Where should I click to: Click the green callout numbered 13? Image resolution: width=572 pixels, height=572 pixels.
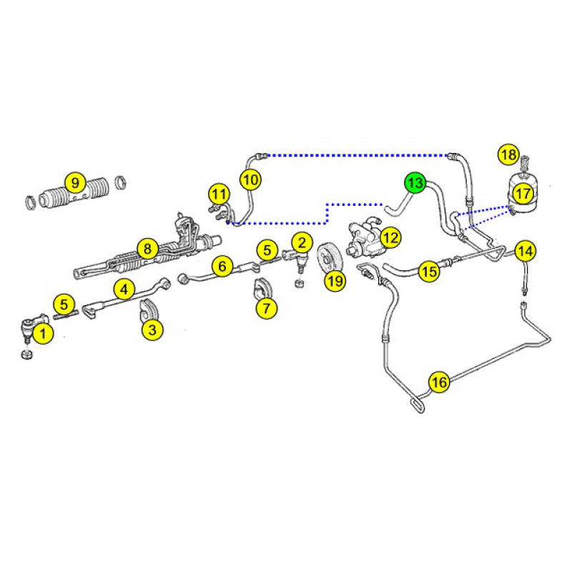tap(415, 183)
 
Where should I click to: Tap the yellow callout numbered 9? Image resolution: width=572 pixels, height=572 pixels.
tap(75, 183)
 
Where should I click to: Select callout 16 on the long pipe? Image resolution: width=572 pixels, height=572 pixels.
tap(439, 382)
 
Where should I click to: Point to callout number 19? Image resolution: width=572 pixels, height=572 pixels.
tap(335, 280)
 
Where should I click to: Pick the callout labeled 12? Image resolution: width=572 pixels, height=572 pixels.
tap(390, 238)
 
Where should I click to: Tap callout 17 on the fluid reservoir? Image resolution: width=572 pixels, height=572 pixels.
tap(523, 194)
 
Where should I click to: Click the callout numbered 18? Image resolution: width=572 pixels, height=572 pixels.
tap(508, 154)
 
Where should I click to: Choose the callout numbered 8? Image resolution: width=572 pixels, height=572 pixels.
tap(147, 249)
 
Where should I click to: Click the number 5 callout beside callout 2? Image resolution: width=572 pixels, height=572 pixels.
tap(267, 250)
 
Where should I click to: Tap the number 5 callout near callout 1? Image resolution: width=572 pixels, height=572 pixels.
tap(64, 305)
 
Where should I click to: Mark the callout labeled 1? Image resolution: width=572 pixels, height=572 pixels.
tap(43, 333)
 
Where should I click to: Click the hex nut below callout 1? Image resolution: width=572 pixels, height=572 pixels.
tap(27, 354)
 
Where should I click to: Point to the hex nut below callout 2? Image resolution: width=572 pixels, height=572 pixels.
tap(299, 283)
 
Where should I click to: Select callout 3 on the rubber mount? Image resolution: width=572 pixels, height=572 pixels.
tap(152, 330)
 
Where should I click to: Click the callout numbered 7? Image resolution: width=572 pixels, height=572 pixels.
tap(267, 309)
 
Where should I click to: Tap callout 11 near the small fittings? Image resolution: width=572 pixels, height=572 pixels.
tap(219, 194)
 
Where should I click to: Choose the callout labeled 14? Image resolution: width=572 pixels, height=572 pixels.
tap(526, 252)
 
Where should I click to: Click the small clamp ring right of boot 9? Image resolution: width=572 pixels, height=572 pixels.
tap(121, 182)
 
